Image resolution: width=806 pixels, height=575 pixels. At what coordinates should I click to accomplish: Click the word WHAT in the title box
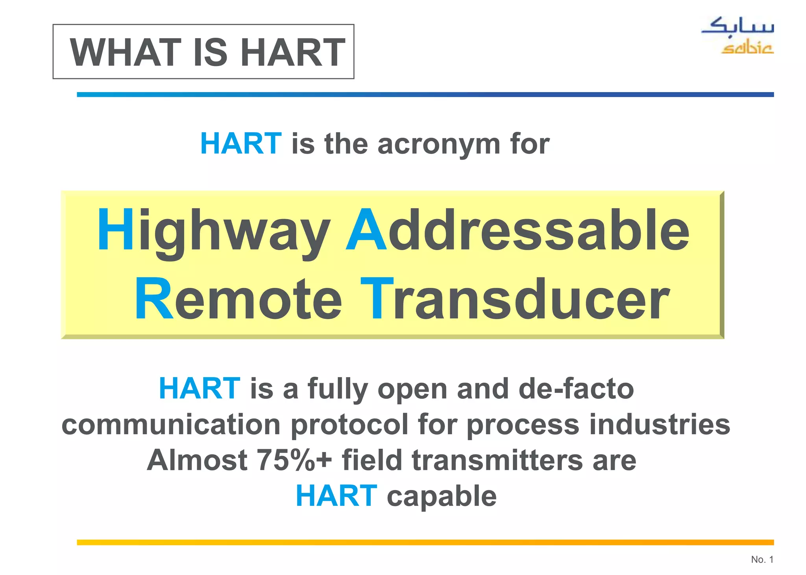coord(125,52)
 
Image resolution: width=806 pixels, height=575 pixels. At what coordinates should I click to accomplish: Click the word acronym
coord(439,144)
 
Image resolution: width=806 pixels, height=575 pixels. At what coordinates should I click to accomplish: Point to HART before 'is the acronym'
coord(241,144)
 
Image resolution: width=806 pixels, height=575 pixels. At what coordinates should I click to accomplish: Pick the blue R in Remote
coord(154,299)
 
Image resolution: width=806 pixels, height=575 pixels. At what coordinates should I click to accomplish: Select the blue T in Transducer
coord(377,299)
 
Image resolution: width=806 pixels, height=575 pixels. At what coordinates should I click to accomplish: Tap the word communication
coord(171,425)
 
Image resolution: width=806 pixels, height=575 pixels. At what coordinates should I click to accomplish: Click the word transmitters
coord(497,460)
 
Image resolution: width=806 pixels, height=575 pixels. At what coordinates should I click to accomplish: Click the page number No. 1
coord(762,559)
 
